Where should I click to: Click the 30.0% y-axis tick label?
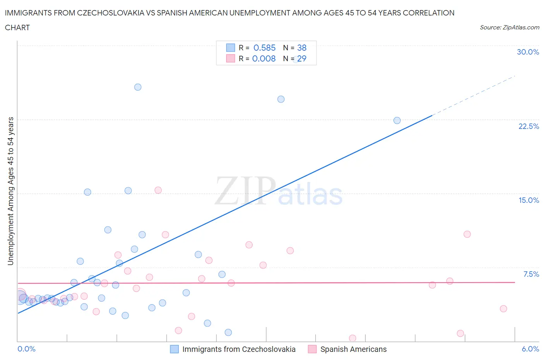(x=528, y=52)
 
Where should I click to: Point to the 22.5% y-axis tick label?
(x=529, y=126)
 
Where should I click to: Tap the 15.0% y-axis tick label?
(x=529, y=200)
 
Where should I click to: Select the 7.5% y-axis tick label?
(x=531, y=274)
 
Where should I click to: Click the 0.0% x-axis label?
(x=26, y=349)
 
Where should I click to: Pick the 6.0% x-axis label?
(x=530, y=349)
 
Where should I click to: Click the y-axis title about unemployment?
(x=10, y=191)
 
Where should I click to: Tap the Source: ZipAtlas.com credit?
(x=509, y=27)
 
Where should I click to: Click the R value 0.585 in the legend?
(x=264, y=48)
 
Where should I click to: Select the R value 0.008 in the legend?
(x=264, y=58)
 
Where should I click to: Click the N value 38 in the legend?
(x=302, y=48)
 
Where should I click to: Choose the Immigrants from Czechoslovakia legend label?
(x=239, y=349)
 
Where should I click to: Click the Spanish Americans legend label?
(x=353, y=349)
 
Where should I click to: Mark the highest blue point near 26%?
(x=138, y=87)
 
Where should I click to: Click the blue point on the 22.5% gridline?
(x=397, y=120)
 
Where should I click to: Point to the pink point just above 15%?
(x=158, y=190)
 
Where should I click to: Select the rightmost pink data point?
(x=503, y=309)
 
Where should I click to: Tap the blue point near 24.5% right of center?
(x=281, y=99)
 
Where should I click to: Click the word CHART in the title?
(x=17, y=27)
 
